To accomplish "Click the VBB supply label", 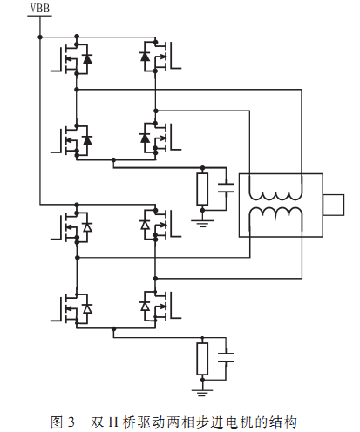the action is pyautogui.click(x=40, y=8).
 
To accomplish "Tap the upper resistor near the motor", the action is pyautogui.click(x=202, y=189).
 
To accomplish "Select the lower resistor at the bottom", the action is pyautogui.click(x=202, y=359).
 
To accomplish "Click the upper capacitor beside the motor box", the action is pyautogui.click(x=226, y=188).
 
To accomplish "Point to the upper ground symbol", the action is pyautogui.click(x=202, y=223).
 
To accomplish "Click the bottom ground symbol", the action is pyautogui.click(x=202, y=393).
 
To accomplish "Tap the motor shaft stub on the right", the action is pyautogui.click(x=334, y=205).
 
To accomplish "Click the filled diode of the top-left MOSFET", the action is pyautogui.click(x=87, y=58).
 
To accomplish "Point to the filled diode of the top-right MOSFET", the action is pyautogui.click(x=145, y=56).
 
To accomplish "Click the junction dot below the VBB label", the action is pyautogui.click(x=40, y=37).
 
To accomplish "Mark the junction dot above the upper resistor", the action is pyautogui.click(x=202, y=167).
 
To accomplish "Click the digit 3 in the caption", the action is pyautogui.click(x=71, y=422).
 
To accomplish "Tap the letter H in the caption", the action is pyautogui.click(x=113, y=422).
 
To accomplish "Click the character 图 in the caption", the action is pyautogui.click(x=57, y=422).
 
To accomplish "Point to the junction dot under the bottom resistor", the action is pyautogui.click(x=202, y=380).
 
